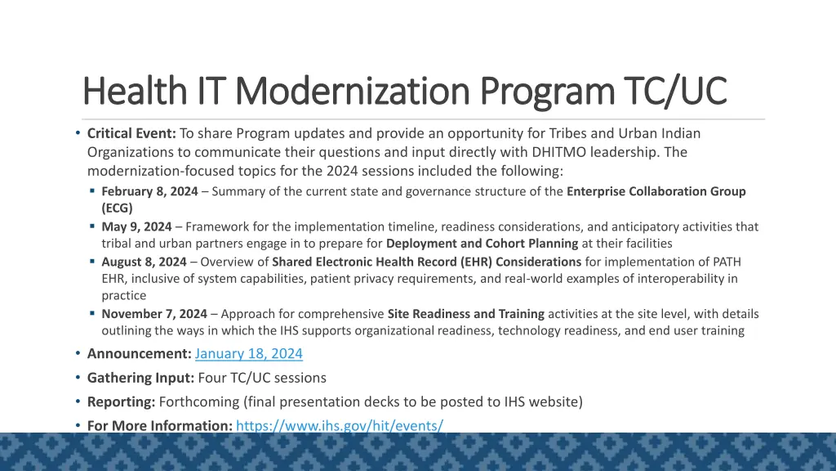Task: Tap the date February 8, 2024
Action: (x=149, y=191)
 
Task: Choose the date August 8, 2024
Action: (x=144, y=262)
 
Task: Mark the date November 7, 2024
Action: (x=153, y=314)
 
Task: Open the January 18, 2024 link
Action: (x=249, y=354)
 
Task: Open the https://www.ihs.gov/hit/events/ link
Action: (x=339, y=425)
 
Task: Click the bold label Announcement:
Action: (x=139, y=354)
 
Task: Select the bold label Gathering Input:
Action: (x=140, y=378)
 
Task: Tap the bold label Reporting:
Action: (x=121, y=401)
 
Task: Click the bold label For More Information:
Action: (x=160, y=425)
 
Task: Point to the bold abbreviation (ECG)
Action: (x=117, y=209)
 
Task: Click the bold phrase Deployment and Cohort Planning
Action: (x=482, y=244)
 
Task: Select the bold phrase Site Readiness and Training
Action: (x=465, y=314)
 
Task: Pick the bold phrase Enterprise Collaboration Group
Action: (x=656, y=191)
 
